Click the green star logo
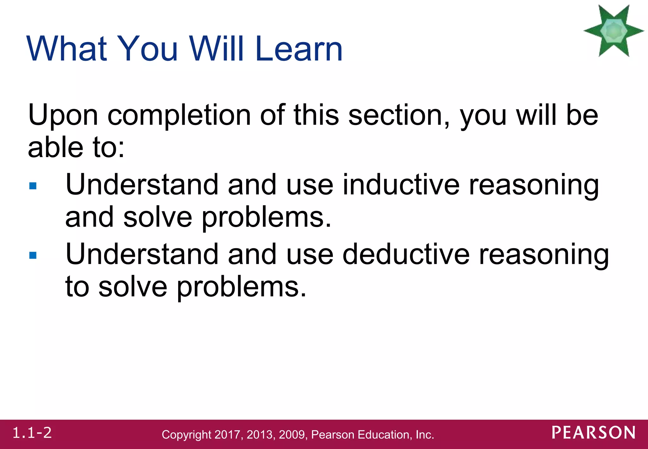point(614,31)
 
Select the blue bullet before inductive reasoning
point(33,186)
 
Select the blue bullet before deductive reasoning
point(33,255)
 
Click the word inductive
point(401,185)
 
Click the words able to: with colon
point(76,148)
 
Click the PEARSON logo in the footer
point(594,433)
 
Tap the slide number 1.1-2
point(32,433)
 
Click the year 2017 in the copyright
point(227,435)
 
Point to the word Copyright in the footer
point(186,435)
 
